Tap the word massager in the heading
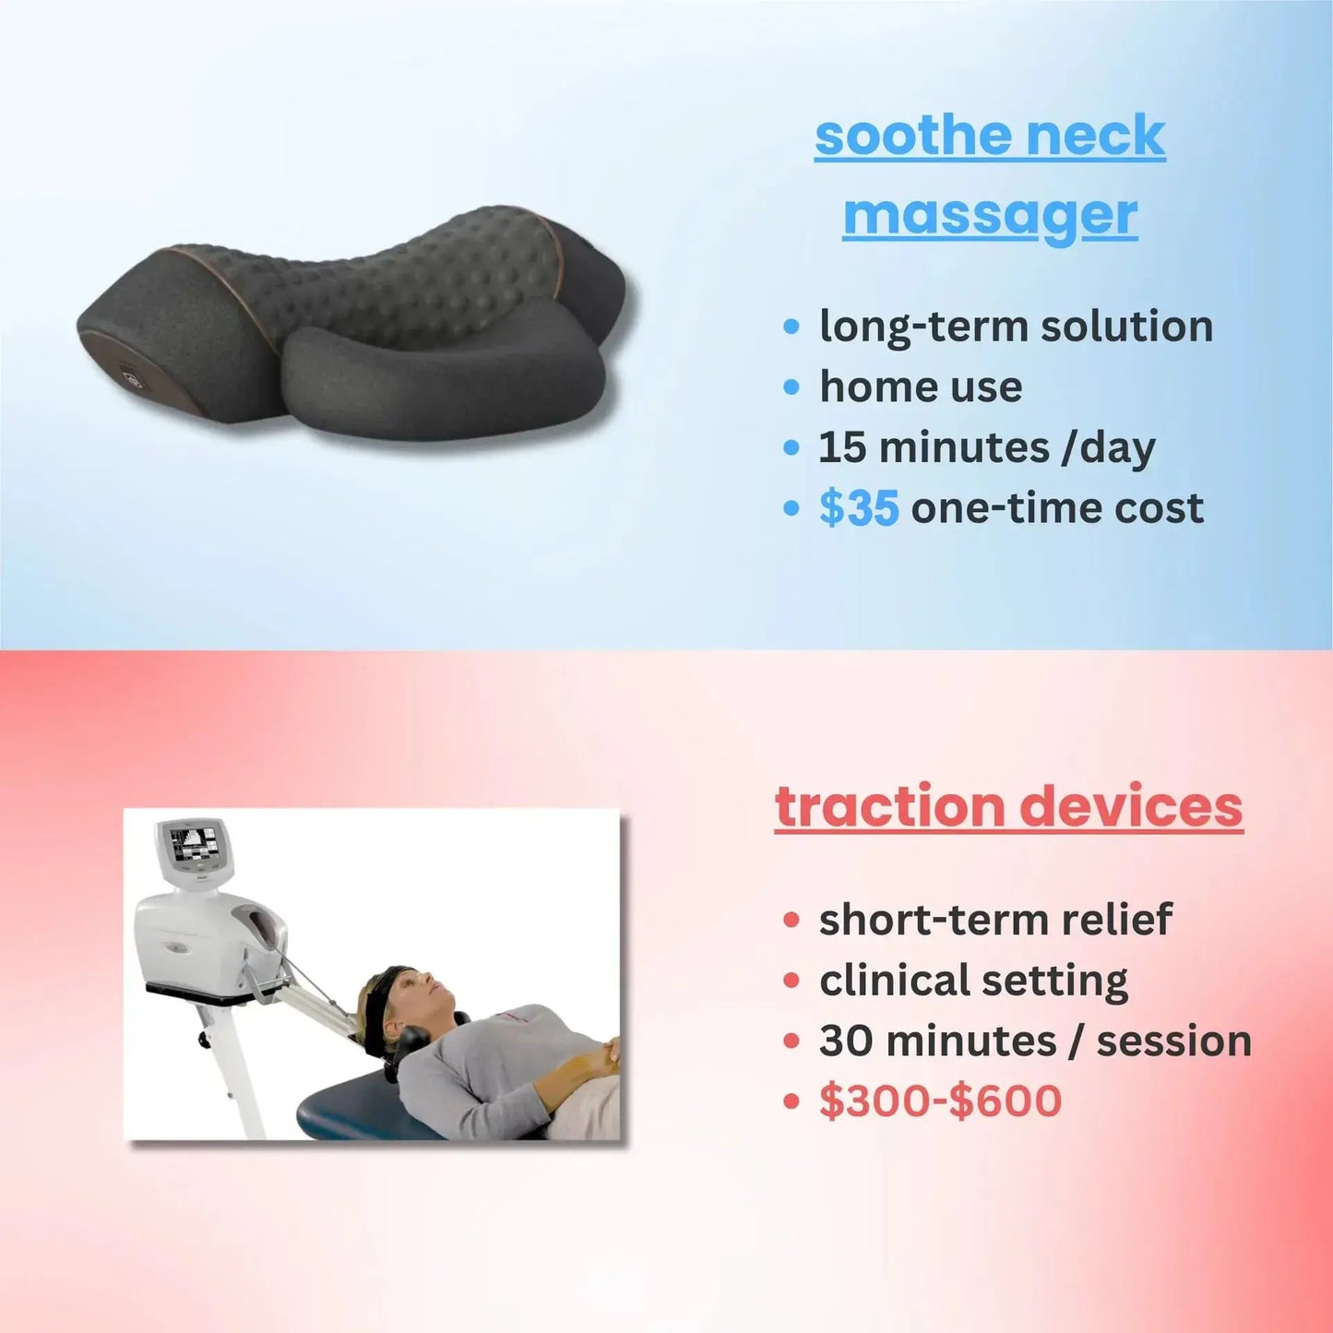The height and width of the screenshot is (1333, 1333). tap(990, 216)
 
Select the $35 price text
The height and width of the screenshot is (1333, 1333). tap(858, 508)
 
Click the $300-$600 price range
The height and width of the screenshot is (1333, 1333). tap(940, 1101)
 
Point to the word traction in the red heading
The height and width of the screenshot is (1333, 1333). tap(889, 806)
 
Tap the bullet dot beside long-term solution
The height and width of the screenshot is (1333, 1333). tap(791, 327)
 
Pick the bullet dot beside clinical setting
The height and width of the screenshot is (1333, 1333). tap(791, 980)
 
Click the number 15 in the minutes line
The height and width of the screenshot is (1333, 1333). tap(842, 447)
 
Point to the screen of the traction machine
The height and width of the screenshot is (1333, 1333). tap(194, 842)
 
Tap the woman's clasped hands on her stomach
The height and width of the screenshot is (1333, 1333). tap(605, 1053)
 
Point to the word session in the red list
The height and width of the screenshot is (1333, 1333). tap(1173, 1041)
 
